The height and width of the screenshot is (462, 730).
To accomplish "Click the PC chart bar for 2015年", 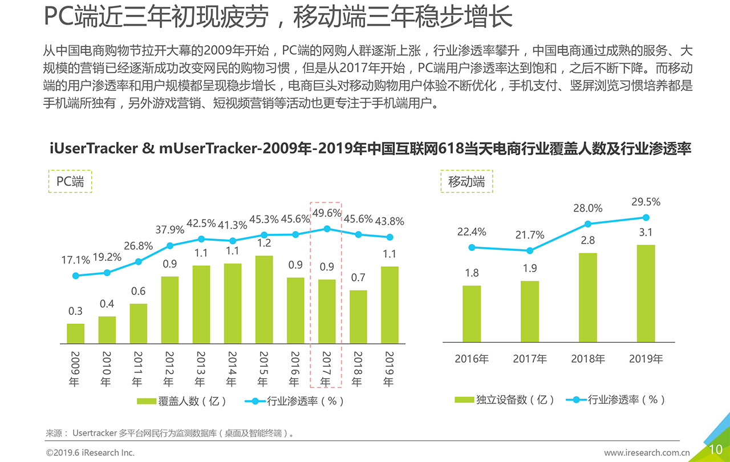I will pos(264,299).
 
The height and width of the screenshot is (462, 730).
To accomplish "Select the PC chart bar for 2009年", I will pos(75,334).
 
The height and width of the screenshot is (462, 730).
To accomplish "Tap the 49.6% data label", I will pos(327,213).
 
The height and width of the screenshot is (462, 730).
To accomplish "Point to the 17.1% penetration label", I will pos(76,260).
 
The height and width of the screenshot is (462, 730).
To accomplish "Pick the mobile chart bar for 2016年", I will pos(472,314).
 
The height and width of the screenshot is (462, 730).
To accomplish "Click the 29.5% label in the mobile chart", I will pos(646,202).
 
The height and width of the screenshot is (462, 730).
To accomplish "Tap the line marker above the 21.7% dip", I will pos(530,250).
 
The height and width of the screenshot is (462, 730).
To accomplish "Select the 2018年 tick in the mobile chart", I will pos(588,359).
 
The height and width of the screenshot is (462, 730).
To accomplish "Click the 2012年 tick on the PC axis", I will pos(169,368).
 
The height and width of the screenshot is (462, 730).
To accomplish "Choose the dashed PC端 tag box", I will pos(70,181).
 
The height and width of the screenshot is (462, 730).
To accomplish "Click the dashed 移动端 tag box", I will pos(467,181).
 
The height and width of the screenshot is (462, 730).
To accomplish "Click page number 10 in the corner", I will pos(715,449).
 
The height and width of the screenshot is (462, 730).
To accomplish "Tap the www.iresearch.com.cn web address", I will pos(647,453).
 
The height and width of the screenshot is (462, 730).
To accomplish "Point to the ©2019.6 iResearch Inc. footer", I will pos(90,453).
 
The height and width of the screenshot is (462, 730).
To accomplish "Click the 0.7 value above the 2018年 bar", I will pos(358,278).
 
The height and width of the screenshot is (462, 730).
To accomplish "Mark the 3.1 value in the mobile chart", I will pos(646,233).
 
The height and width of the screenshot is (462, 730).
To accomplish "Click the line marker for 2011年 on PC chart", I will pos(138,262).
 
